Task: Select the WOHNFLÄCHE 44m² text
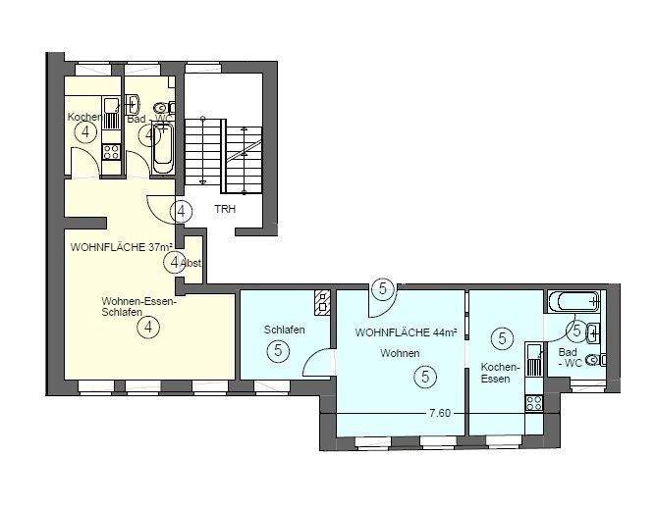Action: (x=406, y=333)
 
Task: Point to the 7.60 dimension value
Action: (x=440, y=413)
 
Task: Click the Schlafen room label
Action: (x=284, y=330)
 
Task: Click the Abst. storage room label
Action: (x=191, y=262)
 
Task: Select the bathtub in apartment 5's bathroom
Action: (x=573, y=301)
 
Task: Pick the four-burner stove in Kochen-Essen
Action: (x=534, y=402)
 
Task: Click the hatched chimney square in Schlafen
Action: (x=322, y=299)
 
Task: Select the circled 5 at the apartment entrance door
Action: (x=383, y=288)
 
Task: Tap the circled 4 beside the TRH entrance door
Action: (x=181, y=210)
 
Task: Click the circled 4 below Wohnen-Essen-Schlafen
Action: (x=147, y=328)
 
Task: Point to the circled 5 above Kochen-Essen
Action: (x=503, y=339)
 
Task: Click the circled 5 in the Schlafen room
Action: (x=279, y=350)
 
